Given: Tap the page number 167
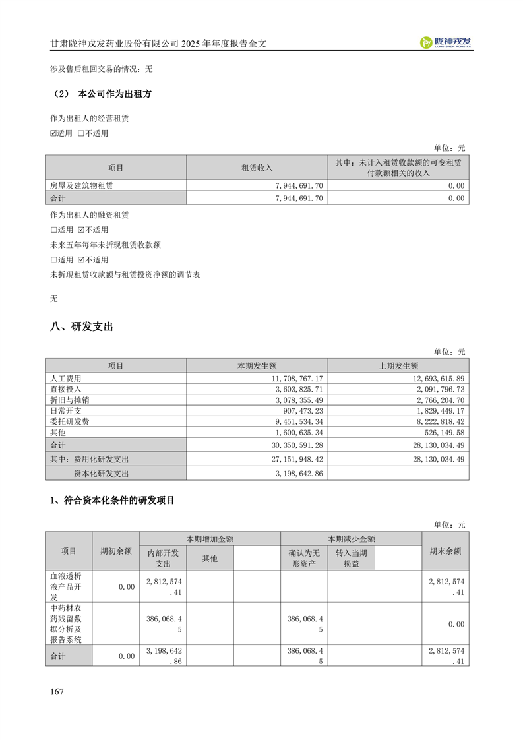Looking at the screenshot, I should [57, 691].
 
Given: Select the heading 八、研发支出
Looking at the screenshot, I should [82, 326].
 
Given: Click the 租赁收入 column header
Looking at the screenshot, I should [257, 168].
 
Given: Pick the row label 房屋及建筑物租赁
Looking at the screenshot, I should [82, 186].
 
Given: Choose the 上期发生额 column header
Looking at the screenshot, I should [398, 365].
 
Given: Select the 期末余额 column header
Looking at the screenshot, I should [445, 551].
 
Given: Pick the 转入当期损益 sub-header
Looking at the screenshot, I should [351, 558].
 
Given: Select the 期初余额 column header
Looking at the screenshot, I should [115, 551].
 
